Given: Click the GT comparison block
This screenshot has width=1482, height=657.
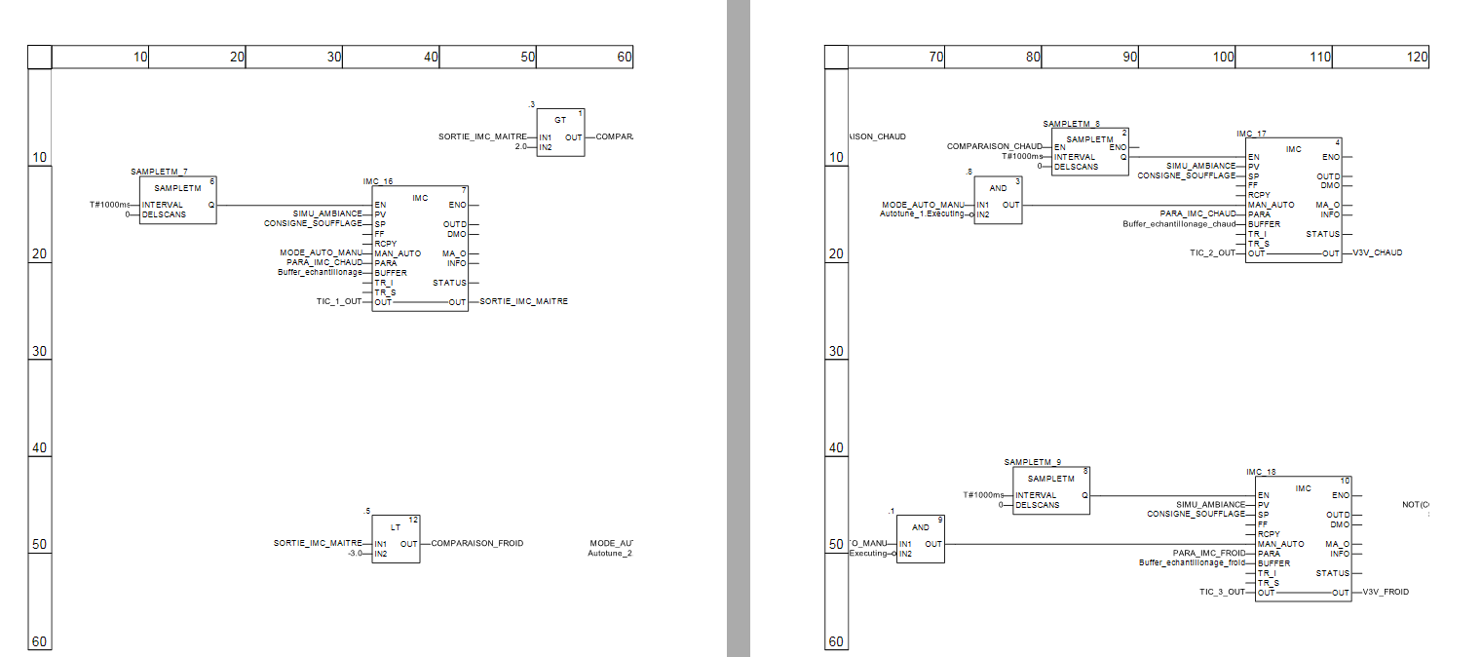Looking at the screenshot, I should (x=560, y=133).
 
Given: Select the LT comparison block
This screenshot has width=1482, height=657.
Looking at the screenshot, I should (x=396, y=539).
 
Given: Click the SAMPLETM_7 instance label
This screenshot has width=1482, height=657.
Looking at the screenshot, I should (x=159, y=172).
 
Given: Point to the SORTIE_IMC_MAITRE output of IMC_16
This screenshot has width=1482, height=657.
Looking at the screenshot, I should (x=524, y=302).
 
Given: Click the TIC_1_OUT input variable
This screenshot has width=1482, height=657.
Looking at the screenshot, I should (x=339, y=302).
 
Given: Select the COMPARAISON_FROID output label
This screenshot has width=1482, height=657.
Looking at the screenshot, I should (x=477, y=543).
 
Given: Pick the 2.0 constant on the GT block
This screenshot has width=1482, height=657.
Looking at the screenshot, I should (x=520, y=147).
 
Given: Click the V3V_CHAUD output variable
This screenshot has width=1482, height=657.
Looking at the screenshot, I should (x=1378, y=253).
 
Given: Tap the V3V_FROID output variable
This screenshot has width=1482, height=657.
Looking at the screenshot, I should (x=1386, y=592).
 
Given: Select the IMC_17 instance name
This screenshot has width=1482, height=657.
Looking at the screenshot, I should (x=1251, y=134).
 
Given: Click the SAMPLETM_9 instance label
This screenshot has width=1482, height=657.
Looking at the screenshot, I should (x=1032, y=462).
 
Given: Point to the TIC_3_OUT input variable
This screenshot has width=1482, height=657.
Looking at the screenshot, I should (x=1222, y=592).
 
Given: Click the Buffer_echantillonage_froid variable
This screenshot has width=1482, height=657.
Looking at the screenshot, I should (x=1193, y=562).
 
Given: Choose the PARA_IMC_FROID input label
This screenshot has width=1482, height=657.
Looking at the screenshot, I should (x=1208, y=553).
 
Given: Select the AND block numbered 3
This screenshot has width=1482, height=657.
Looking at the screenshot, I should (x=999, y=200).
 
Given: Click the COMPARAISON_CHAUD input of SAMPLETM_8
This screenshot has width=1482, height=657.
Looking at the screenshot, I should (x=995, y=146).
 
